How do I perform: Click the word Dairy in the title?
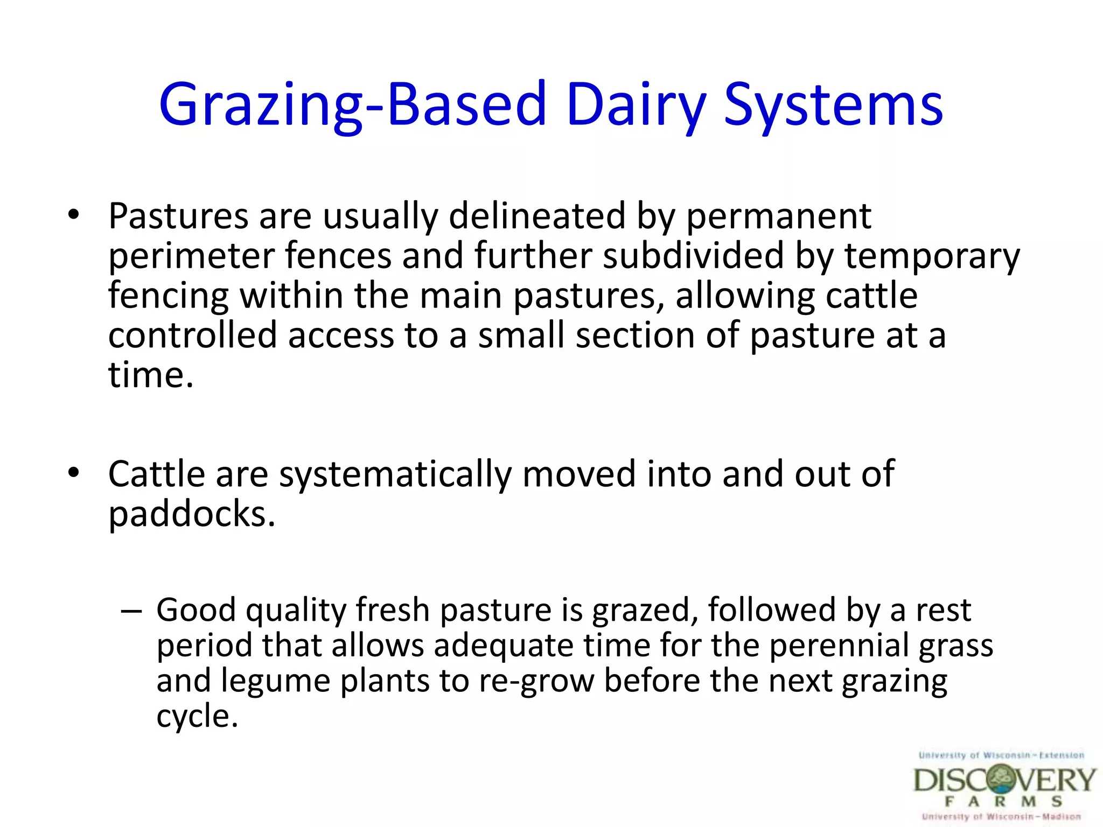pyautogui.click(x=636, y=105)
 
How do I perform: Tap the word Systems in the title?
pyautogui.click(x=833, y=105)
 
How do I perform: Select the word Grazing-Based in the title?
pyautogui.click(x=353, y=105)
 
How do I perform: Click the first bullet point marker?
pyautogui.click(x=74, y=215)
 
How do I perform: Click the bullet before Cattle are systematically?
pyautogui.click(x=74, y=473)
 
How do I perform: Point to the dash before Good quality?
pyautogui.click(x=131, y=611)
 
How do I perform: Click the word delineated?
pyautogui.click(x=536, y=216)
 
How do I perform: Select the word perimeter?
pyautogui.click(x=192, y=256)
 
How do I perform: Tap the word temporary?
pyautogui.click(x=932, y=256)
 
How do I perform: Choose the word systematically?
pyautogui.click(x=395, y=475)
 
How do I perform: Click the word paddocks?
pyautogui.click(x=191, y=514)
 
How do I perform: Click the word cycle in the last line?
pyautogui.click(x=196, y=717)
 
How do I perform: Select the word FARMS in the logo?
pyautogui.click(x=1003, y=802)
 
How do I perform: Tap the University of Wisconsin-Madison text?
pyautogui.click(x=1001, y=817)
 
